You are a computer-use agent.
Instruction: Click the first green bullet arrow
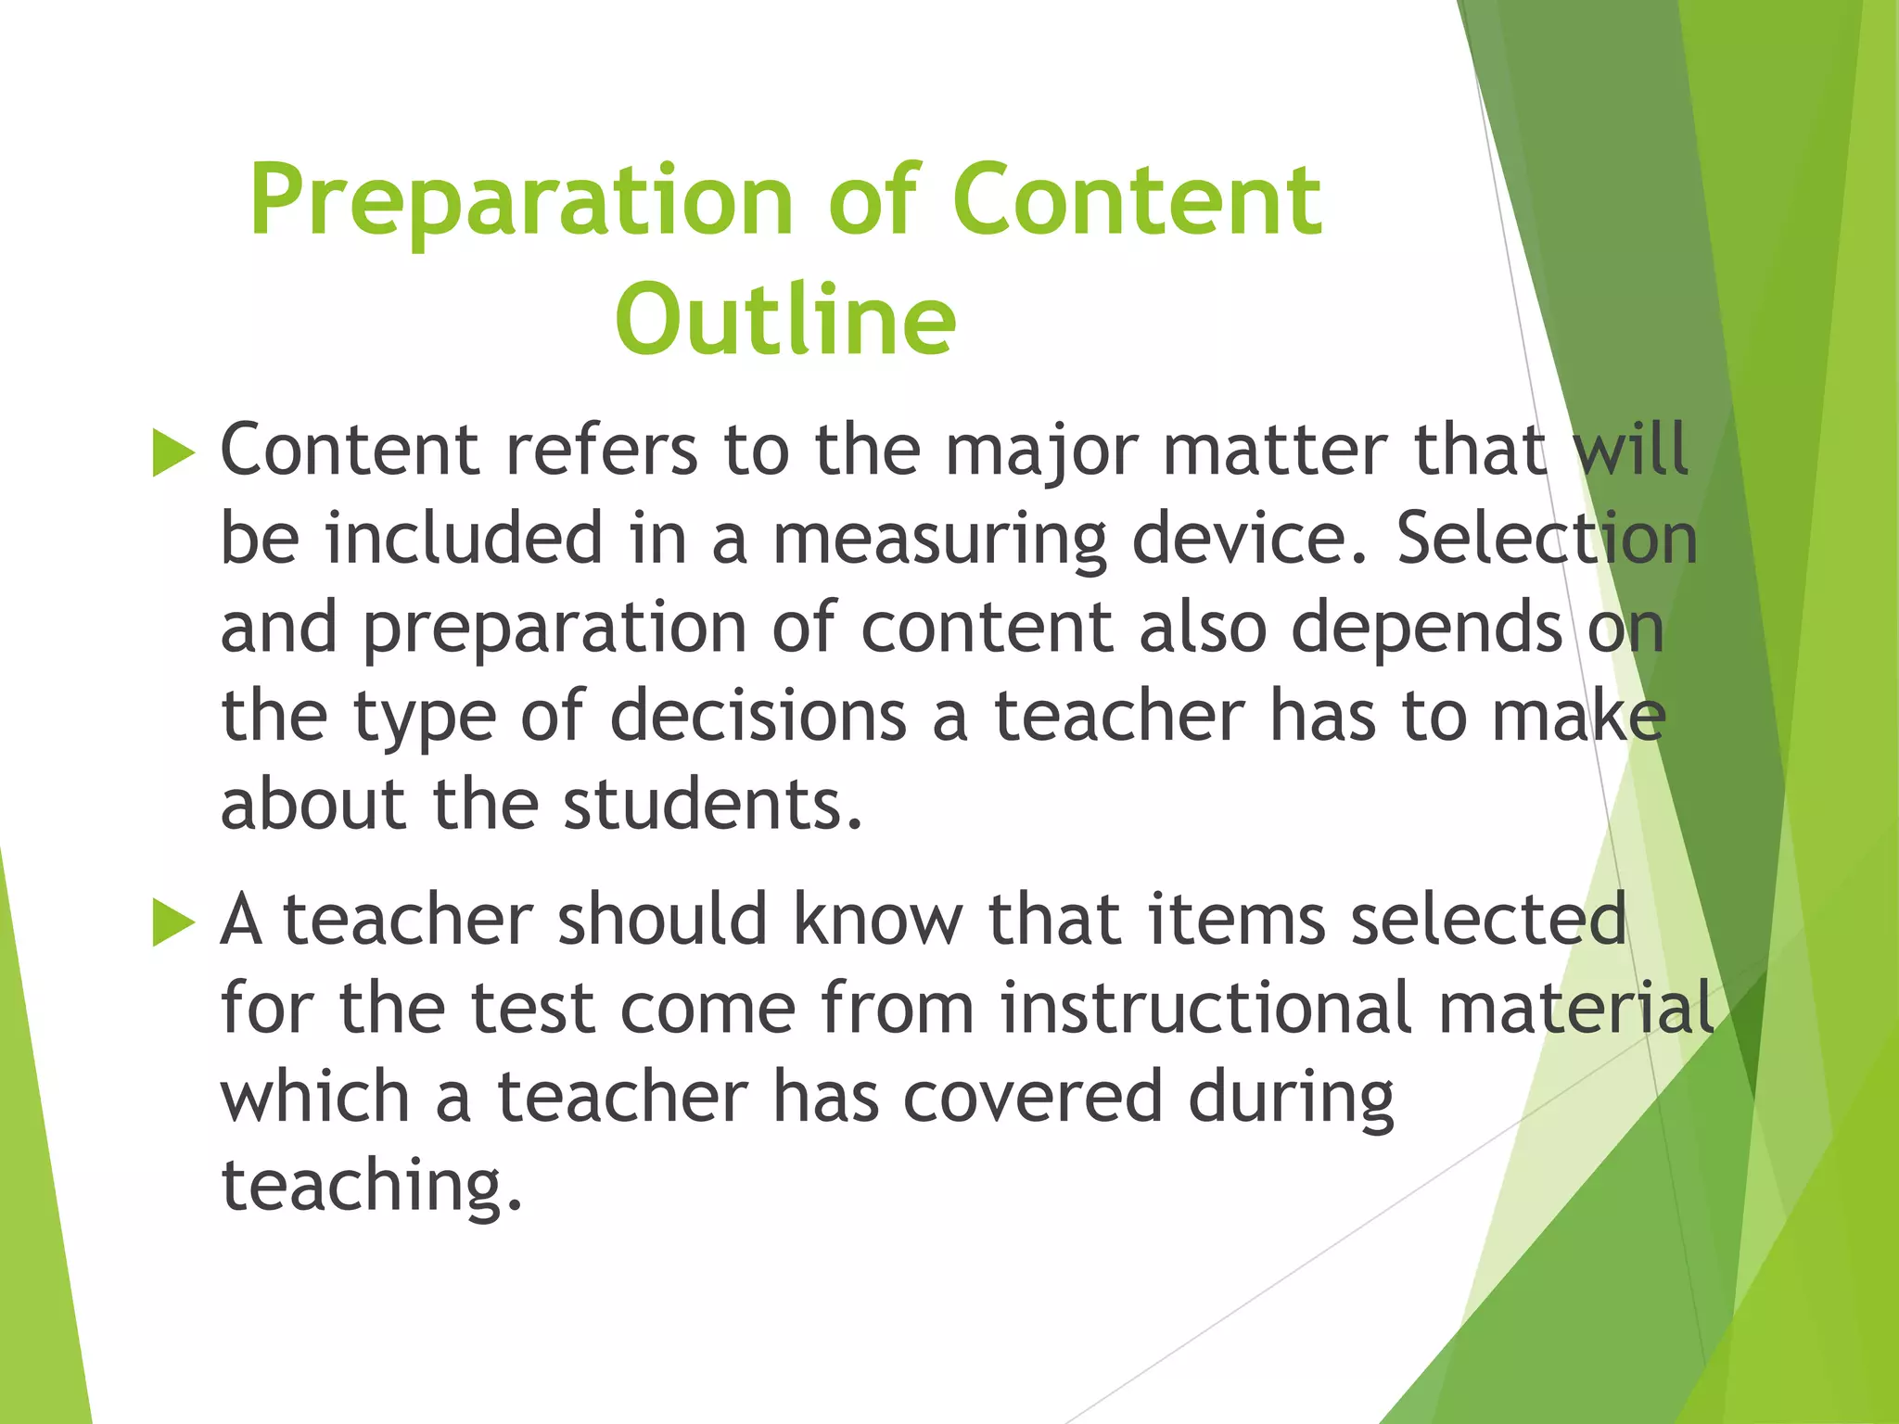173,454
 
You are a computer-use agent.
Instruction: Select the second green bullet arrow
173,923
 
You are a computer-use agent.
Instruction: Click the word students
712,804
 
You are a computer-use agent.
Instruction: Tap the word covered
1032,1097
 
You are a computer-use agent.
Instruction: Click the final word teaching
371,1187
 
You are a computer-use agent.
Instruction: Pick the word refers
601,451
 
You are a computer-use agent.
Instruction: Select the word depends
1427,629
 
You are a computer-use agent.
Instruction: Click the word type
424,719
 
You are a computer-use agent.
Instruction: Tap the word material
1575,1009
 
